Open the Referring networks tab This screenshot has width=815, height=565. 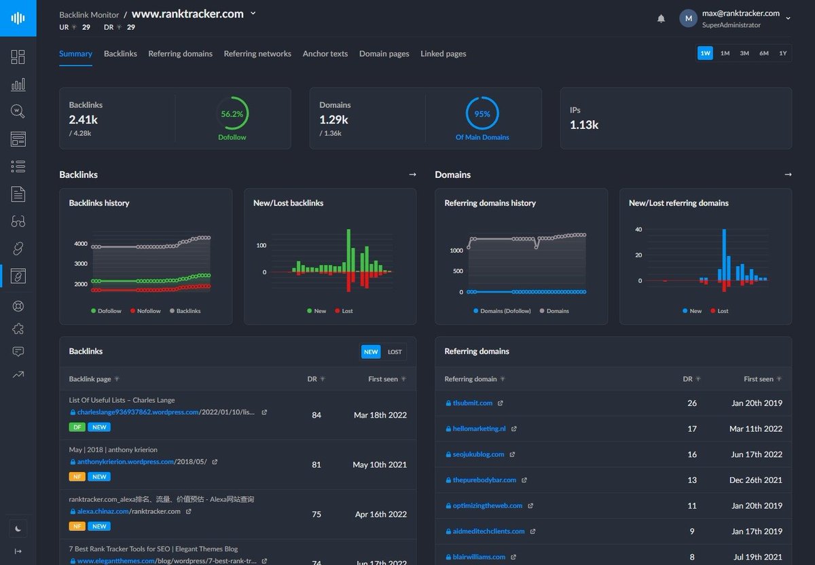pos(257,54)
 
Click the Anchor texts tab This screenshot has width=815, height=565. pos(325,54)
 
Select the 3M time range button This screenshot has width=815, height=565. pos(744,53)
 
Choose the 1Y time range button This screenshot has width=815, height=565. pos(783,53)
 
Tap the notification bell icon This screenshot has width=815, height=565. pos(661,19)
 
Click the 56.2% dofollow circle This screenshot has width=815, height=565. pos(232,114)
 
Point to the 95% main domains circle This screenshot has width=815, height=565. pos(482,114)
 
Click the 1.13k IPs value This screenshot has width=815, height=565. pos(584,124)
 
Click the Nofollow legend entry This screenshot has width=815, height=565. pos(145,311)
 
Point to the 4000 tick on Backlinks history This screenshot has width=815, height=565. pos(81,244)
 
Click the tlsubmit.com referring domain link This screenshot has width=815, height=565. pos(473,403)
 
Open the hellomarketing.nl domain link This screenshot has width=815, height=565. pos(479,429)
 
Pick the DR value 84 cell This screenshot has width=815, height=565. pos(316,415)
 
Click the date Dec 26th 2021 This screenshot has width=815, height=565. pos(756,480)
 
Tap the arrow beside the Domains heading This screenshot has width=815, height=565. pos(788,175)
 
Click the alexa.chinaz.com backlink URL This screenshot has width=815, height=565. pos(129,511)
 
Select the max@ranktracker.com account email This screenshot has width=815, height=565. pos(740,13)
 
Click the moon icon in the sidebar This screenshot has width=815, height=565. pos(18,528)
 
